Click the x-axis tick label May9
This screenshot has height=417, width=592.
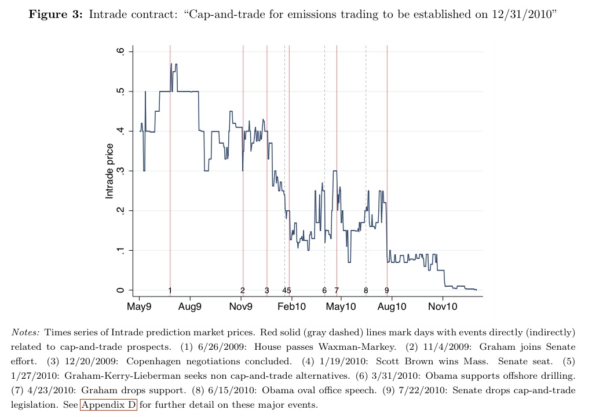139,306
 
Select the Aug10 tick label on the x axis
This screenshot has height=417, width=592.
391,306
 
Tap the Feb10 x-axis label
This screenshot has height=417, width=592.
291,306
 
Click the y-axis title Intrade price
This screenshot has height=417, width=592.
109,171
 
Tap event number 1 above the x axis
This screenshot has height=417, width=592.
170,290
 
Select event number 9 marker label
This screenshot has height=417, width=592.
387,290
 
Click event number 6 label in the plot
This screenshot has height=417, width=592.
324,290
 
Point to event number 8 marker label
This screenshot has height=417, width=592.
366,290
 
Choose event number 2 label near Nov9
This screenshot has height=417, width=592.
243,290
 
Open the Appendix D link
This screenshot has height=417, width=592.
108,405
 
